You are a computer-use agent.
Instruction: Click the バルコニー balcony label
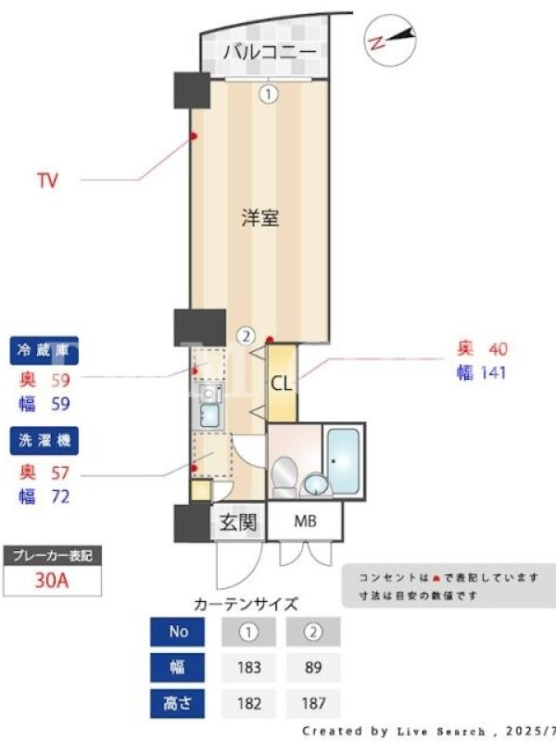(x=269, y=52)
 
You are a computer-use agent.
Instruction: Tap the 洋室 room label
(x=260, y=218)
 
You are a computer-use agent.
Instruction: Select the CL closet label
(x=282, y=383)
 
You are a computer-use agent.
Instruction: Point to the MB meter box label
(x=306, y=521)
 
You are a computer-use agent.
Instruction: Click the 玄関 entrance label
(x=238, y=522)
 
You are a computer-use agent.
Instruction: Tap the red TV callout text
(x=48, y=180)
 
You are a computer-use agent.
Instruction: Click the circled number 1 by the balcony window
(x=268, y=94)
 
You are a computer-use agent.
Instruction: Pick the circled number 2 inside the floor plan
(x=246, y=336)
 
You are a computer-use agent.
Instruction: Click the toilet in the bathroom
(x=284, y=476)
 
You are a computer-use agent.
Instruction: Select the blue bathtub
(x=343, y=461)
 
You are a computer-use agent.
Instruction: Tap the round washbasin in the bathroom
(x=315, y=484)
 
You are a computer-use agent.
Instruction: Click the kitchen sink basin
(x=209, y=415)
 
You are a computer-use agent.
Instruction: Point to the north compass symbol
(x=390, y=40)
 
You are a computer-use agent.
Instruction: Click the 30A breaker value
(x=52, y=581)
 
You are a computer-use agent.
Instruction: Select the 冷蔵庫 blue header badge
(x=44, y=350)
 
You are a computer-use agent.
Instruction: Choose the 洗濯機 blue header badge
(x=44, y=441)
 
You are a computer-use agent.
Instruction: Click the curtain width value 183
(x=248, y=667)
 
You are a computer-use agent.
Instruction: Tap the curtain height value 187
(x=312, y=703)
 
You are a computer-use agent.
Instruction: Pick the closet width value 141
(x=493, y=373)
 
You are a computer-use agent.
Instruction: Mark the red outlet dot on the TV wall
(x=193, y=136)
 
